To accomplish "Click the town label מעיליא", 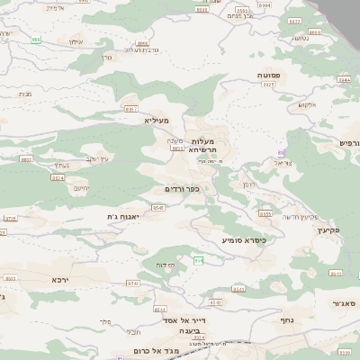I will click(157, 119).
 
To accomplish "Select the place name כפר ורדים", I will click(181, 189).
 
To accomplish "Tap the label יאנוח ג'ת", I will click(125, 216).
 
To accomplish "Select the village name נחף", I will click(288, 320).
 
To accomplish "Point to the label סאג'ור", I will click(342, 304).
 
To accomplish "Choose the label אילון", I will click(76, 41).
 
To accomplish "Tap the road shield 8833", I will click(24, 159).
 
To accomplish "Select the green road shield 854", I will click(200, 261).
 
